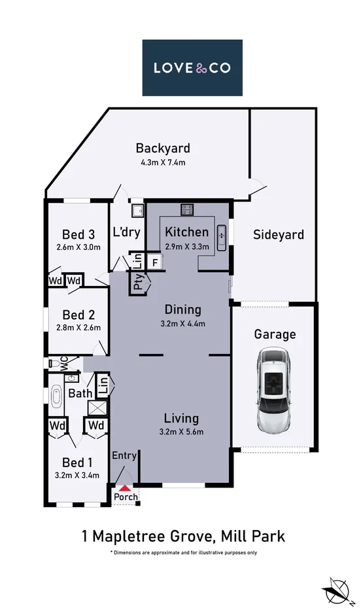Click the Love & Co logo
(192, 67)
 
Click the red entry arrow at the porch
(125, 487)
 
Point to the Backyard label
(162, 148)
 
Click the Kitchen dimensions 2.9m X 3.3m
(187, 247)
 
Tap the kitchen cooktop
(187, 210)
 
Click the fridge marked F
(154, 262)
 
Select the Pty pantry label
(139, 283)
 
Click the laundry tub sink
(137, 211)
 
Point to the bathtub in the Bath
(56, 396)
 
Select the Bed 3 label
(77, 235)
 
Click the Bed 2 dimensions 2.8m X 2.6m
(78, 328)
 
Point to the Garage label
(275, 334)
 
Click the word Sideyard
(279, 234)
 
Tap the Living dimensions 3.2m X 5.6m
(182, 431)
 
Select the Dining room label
(182, 309)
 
